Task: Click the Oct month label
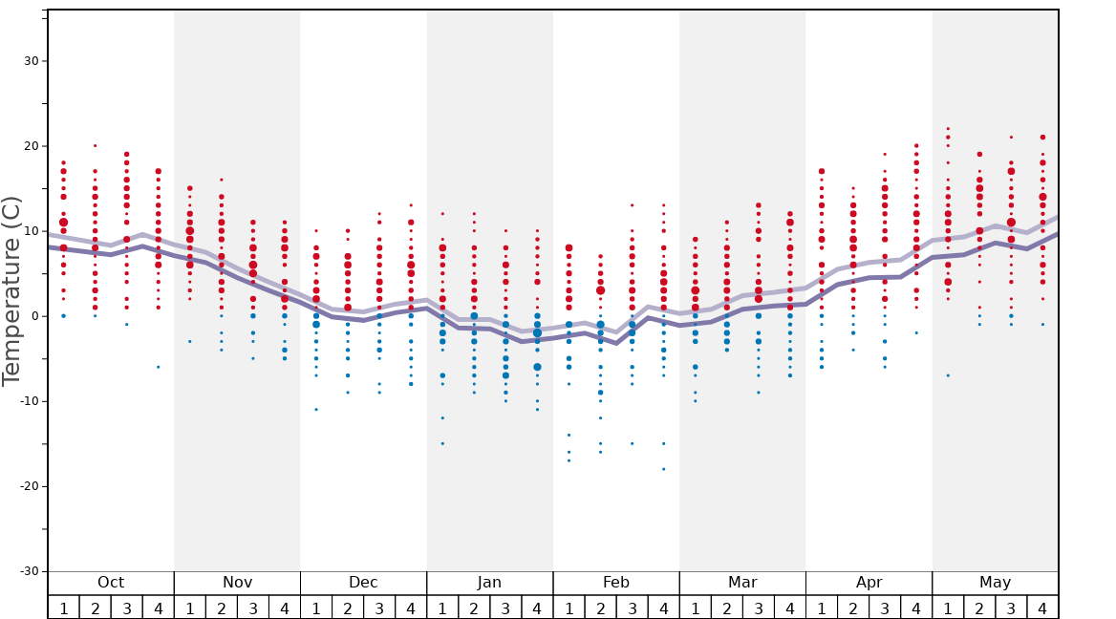111,583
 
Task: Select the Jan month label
489,583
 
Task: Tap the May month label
995,583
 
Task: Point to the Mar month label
742,583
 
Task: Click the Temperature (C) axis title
11,290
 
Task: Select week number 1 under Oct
63,608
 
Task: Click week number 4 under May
1042,608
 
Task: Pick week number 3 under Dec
379,608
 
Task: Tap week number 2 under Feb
600,608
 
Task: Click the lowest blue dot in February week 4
663,469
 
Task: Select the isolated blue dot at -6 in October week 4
159,367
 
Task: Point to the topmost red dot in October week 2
95,146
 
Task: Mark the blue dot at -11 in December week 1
316,410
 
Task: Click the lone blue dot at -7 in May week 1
948,375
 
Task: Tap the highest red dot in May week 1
948,129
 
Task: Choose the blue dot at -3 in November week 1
190,341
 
